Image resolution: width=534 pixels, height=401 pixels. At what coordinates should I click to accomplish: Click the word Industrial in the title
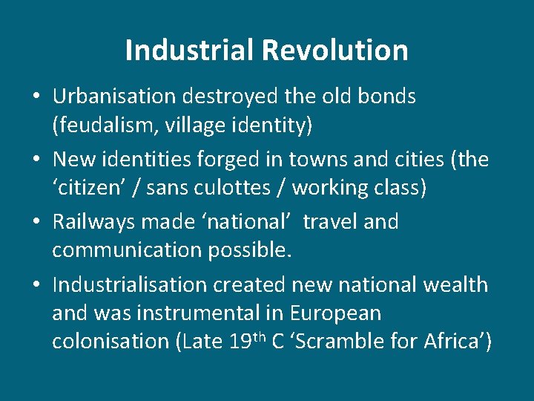[189, 50]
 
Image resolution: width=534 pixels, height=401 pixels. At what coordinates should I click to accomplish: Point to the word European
[335, 313]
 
